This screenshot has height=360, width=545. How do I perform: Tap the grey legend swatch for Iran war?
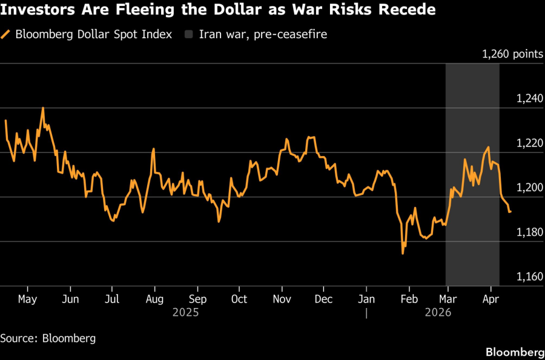click(x=188, y=34)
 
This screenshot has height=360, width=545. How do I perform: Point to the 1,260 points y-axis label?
click(x=512, y=54)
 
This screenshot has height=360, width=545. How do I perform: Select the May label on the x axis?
click(x=28, y=299)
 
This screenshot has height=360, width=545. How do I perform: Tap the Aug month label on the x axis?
click(x=154, y=299)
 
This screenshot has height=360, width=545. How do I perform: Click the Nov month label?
click(x=282, y=299)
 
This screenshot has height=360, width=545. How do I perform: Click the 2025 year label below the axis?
click(x=185, y=313)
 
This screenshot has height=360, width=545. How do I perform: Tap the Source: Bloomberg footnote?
click(x=48, y=338)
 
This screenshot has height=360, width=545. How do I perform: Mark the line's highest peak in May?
click(x=43, y=108)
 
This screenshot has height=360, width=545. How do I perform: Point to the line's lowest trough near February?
click(x=403, y=253)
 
